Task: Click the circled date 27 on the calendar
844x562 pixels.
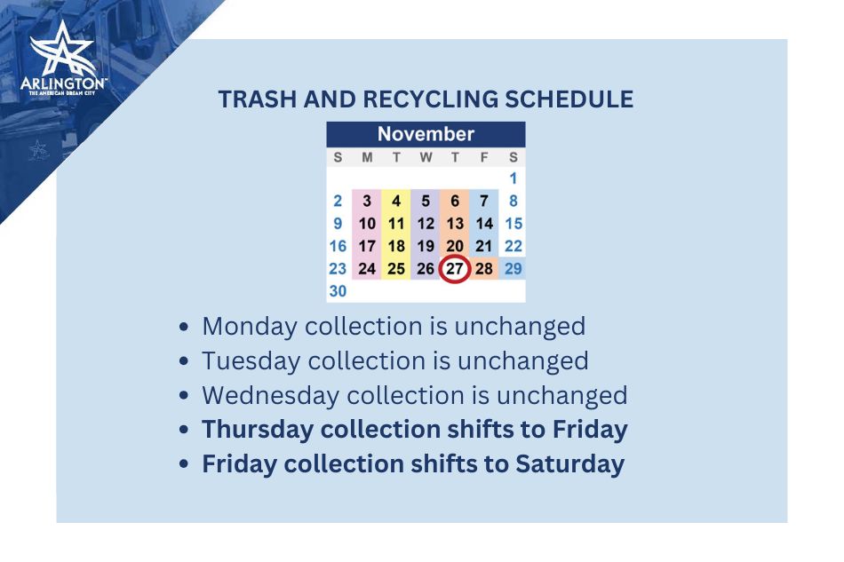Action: click(454, 268)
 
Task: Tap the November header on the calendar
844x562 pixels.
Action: click(426, 134)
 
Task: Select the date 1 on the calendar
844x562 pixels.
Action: click(514, 178)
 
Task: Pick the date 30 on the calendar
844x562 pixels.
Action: click(338, 290)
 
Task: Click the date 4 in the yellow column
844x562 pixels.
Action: click(396, 202)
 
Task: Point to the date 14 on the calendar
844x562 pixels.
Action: click(484, 224)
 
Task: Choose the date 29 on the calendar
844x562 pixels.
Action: click(514, 268)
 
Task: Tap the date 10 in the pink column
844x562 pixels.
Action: click(367, 224)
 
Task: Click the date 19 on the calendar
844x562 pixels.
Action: click(426, 246)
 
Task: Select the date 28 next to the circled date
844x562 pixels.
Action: click(484, 268)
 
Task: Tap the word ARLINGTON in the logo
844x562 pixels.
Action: click(62, 83)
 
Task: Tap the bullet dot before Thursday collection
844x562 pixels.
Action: click(184, 431)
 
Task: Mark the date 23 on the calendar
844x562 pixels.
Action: click(338, 268)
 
